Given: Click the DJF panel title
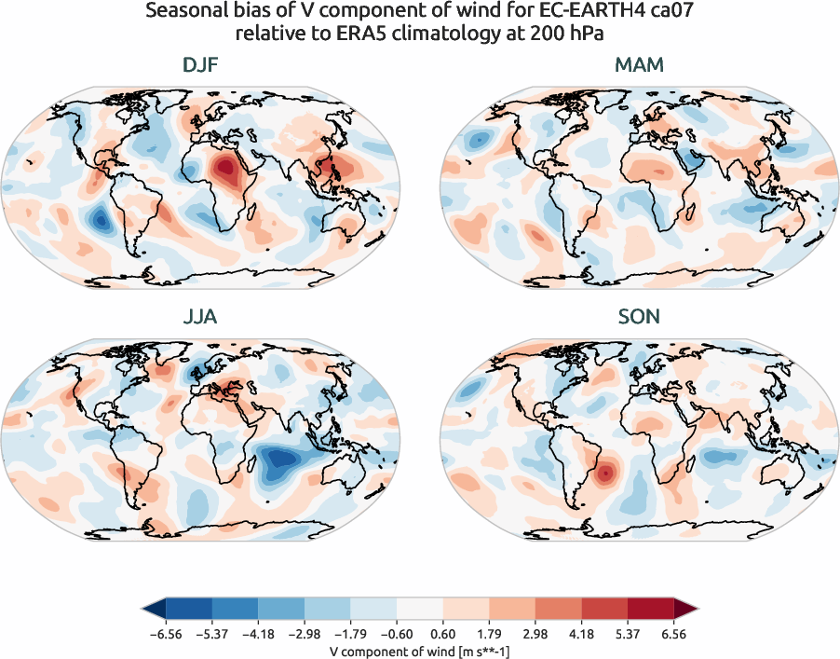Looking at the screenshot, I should (201, 66).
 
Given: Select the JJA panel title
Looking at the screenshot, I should (201, 317).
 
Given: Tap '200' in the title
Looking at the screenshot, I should (553, 35).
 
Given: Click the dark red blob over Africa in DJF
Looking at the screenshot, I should (224, 170).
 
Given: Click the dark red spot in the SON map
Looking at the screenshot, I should (605, 474).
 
